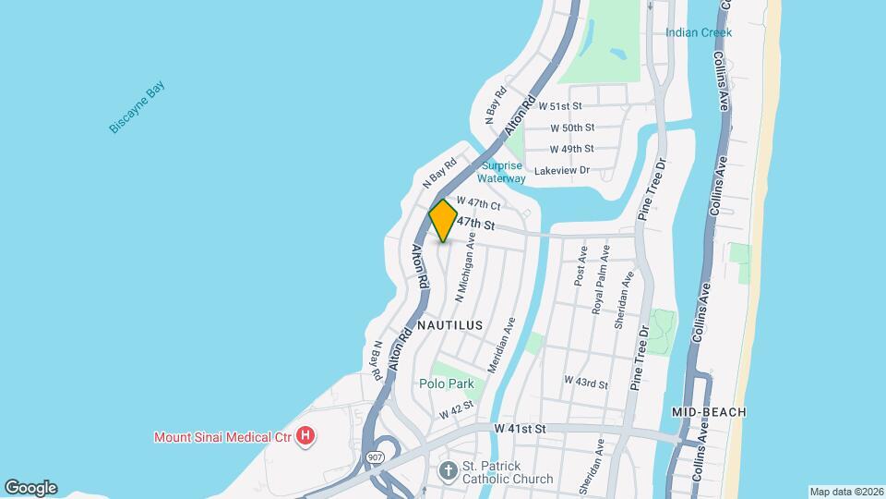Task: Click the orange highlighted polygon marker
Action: click(443, 222)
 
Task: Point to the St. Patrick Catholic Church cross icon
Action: click(448, 471)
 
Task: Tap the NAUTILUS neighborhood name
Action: click(450, 326)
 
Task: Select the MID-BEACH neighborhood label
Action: click(709, 411)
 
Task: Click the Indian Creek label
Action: click(699, 32)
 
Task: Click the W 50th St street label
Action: click(572, 128)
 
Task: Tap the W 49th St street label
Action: click(572, 149)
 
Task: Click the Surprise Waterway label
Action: click(503, 172)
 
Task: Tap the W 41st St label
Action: click(521, 430)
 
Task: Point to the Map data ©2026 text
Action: click(845, 492)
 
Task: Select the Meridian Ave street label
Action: click(500, 344)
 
